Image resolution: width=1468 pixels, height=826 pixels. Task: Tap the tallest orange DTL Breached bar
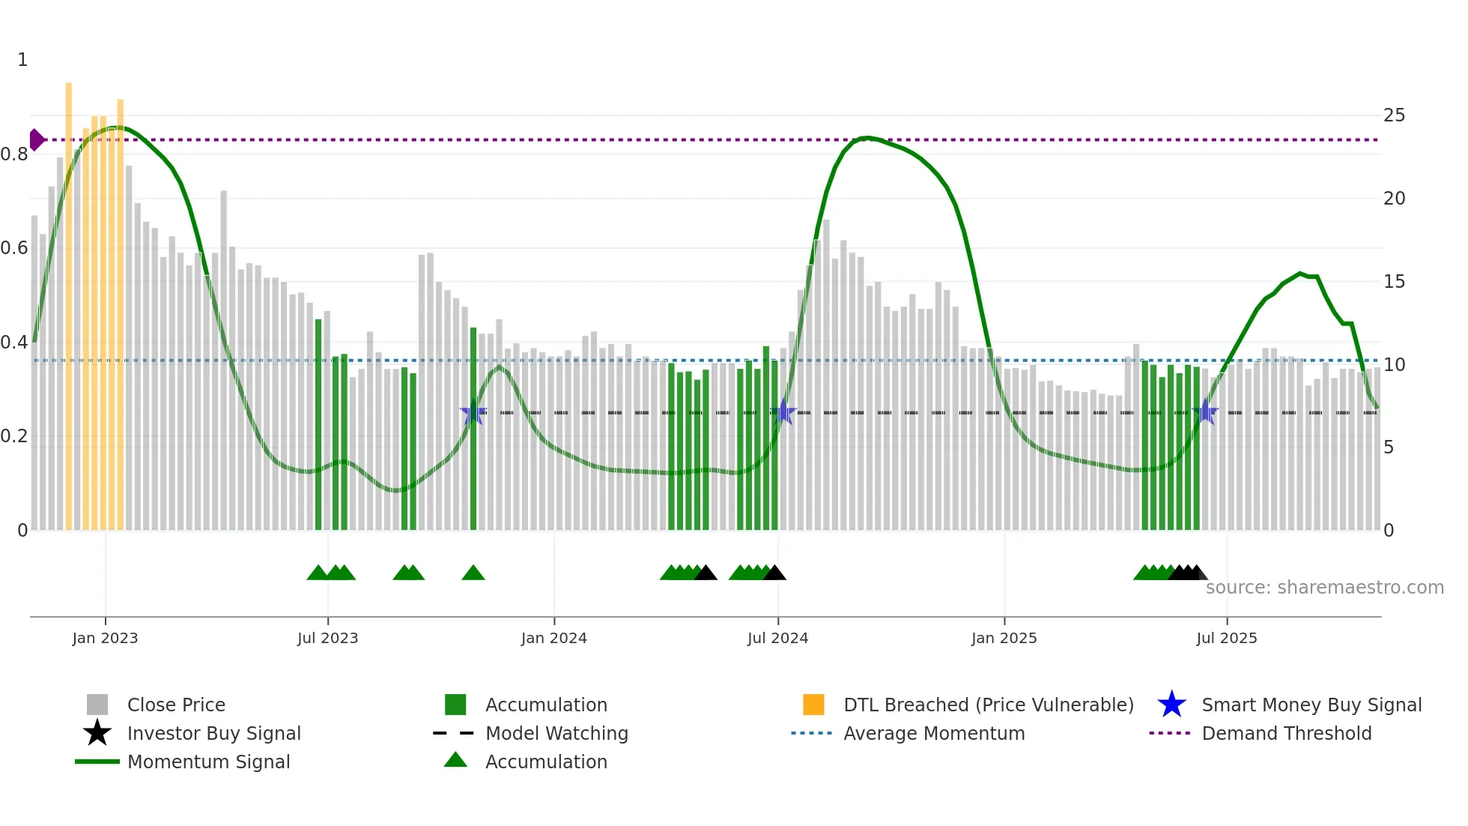(x=69, y=300)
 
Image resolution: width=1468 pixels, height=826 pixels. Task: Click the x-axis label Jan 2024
(x=553, y=638)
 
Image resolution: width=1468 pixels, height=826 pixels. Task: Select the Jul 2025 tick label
(x=1226, y=638)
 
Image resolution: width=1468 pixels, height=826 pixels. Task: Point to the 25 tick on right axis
(x=1394, y=115)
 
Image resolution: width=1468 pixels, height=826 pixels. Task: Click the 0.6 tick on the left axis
(x=15, y=248)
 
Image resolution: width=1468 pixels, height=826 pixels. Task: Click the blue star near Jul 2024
(x=783, y=412)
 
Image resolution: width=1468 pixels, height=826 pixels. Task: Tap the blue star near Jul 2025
(x=1205, y=412)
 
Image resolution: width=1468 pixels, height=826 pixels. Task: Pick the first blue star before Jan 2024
(x=473, y=413)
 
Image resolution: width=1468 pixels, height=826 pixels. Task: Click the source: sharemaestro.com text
(x=1324, y=588)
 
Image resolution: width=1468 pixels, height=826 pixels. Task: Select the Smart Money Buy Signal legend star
(x=1171, y=705)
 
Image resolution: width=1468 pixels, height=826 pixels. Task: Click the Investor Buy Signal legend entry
(x=213, y=733)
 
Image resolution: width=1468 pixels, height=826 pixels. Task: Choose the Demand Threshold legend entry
(x=1286, y=733)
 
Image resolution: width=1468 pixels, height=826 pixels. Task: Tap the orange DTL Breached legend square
(x=813, y=705)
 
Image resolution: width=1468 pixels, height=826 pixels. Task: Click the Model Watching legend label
(x=556, y=733)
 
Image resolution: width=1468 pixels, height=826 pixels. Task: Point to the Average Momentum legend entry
(x=933, y=733)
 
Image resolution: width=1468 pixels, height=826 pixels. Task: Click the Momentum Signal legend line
(x=97, y=762)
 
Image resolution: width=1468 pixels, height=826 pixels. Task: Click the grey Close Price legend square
(x=97, y=705)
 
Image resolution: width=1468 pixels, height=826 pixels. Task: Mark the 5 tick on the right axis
(x=1389, y=447)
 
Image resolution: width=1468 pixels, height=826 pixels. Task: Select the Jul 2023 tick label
(x=327, y=638)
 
